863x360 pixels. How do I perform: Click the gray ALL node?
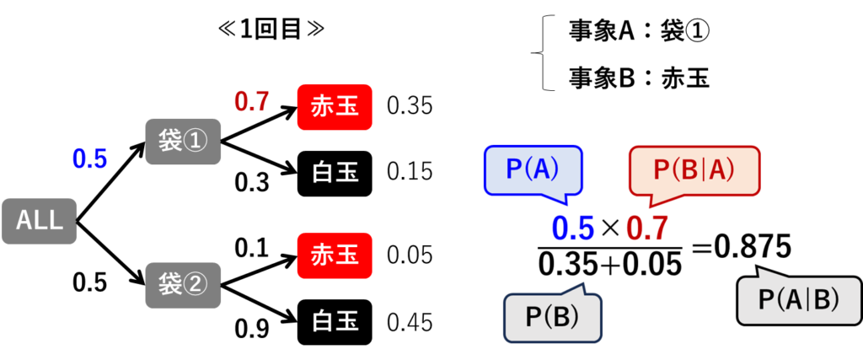point(39,221)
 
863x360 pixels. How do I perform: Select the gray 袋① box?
point(183,142)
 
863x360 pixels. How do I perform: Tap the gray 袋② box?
point(183,285)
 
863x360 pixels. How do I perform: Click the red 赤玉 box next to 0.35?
point(335,107)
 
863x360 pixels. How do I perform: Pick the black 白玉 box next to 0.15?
point(335,173)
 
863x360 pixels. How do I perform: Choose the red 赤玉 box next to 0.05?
point(335,255)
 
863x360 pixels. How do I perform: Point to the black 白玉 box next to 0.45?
point(335,322)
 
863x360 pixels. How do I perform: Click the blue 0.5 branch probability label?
point(89,159)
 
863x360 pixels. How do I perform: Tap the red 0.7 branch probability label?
point(251,101)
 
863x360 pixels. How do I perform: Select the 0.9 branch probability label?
point(251,329)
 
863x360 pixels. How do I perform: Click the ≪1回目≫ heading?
point(271,30)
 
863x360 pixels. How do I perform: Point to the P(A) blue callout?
point(533,172)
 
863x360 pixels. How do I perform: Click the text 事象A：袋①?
point(639,33)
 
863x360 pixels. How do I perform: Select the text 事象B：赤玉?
point(639,79)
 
